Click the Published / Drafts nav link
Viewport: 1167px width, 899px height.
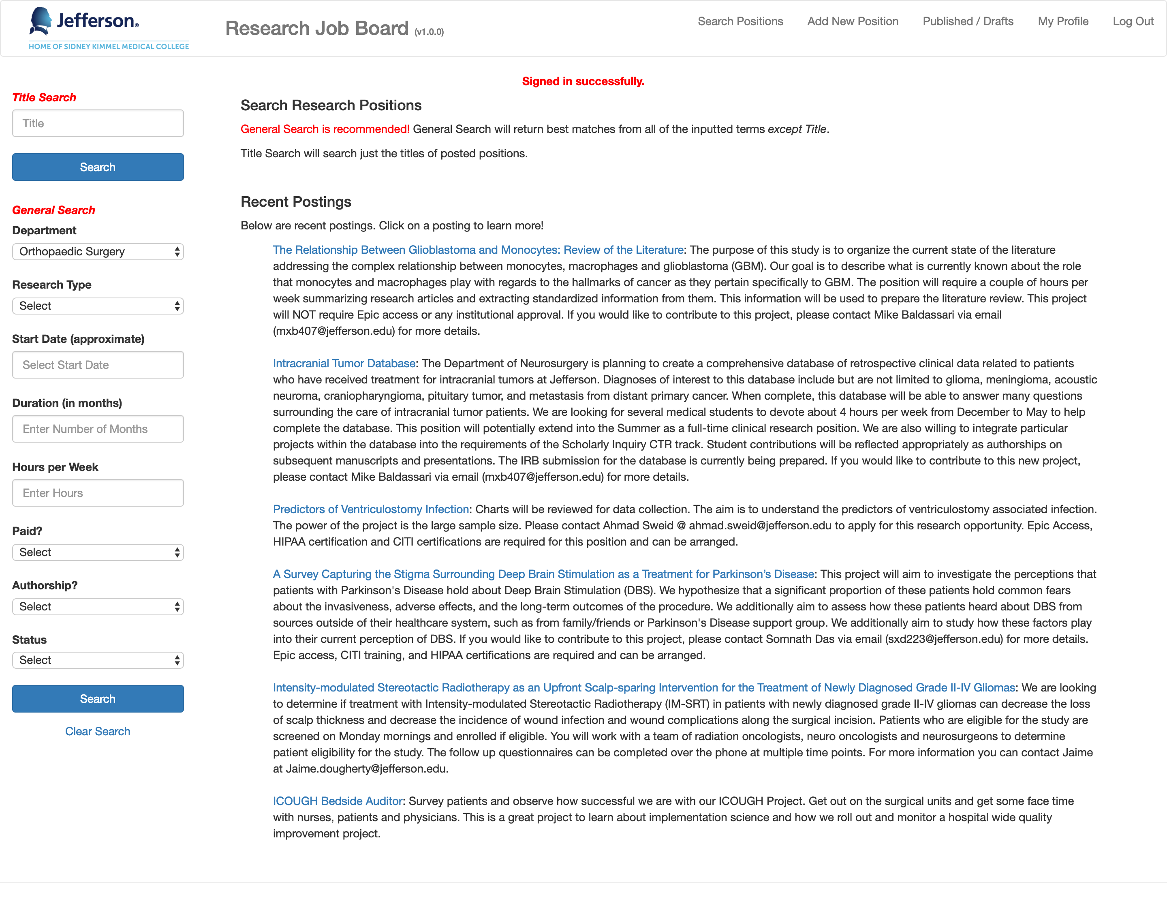[x=968, y=21]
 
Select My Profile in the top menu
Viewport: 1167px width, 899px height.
[x=1063, y=21]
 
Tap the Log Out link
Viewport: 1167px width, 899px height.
[x=1133, y=21]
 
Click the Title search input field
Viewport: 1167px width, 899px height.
[x=98, y=124]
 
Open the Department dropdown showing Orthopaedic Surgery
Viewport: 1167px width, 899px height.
[x=98, y=252]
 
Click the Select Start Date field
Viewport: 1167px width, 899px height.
[x=98, y=365]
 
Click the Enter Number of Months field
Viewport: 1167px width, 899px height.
[x=98, y=429]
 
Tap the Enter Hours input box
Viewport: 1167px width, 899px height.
[x=98, y=493]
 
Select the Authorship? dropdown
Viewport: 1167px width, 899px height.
[x=98, y=607]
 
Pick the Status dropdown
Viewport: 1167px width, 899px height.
[x=98, y=660]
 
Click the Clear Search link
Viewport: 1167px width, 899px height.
[x=98, y=731]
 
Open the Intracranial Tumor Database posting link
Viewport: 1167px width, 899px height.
[x=344, y=364]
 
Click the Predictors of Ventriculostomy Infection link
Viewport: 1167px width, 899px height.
[x=371, y=509]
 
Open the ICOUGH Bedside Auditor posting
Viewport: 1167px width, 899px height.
[x=338, y=801]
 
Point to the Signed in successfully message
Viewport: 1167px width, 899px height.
[x=583, y=81]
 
